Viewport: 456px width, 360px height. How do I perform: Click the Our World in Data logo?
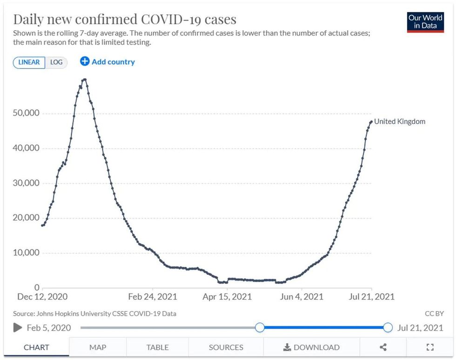point(425,21)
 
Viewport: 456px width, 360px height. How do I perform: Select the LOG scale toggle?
point(56,62)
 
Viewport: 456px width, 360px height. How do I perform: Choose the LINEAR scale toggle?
point(29,62)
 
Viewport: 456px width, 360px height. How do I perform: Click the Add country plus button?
point(85,61)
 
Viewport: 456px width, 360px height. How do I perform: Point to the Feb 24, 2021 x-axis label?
point(152,297)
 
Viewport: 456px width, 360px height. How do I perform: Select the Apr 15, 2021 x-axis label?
point(227,297)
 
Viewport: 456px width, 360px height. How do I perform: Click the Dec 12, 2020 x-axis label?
point(42,297)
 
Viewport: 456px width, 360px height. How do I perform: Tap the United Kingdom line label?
point(400,122)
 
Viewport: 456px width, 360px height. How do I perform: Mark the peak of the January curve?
point(84,79)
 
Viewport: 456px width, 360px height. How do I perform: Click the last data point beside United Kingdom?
point(371,122)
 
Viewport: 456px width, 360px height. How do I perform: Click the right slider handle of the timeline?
point(388,327)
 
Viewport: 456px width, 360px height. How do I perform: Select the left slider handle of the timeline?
point(260,327)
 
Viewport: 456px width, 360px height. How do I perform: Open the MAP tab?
point(98,347)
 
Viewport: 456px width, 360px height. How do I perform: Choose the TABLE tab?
point(157,347)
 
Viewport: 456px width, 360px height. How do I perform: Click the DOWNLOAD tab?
point(311,347)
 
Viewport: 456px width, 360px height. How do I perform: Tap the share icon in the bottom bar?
point(383,347)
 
